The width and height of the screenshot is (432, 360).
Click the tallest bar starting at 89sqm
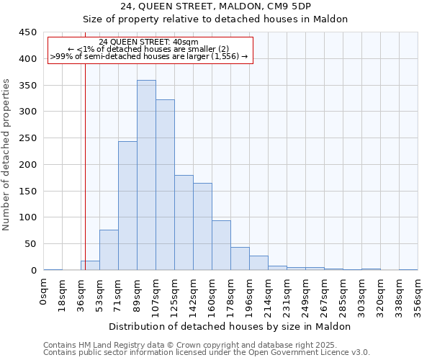[x=146, y=175]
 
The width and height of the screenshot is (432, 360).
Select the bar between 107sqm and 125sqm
[x=165, y=185]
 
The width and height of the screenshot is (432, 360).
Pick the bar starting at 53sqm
[x=109, y=250]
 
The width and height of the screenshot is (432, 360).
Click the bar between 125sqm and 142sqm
[x=184, y=222]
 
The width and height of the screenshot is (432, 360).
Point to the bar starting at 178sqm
[x=240, y=258]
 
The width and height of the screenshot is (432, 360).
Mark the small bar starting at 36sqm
[x=90, y=266]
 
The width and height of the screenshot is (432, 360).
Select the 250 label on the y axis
[x=27, y=138]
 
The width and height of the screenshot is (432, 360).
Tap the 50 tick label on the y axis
[x=30, y=244]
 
